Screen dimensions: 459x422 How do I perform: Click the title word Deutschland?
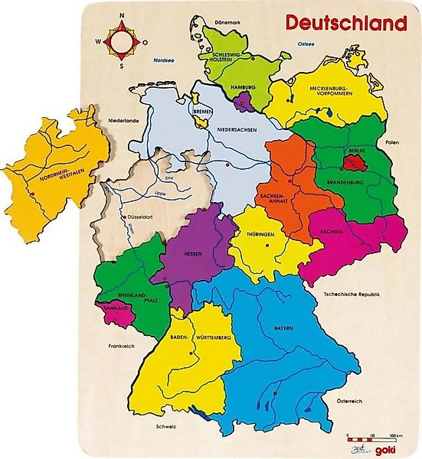click(x=346, y=22)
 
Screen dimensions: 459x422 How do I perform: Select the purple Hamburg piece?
click(x=245, y=99)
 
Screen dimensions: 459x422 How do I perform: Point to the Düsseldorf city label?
click(x=142, y=217)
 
